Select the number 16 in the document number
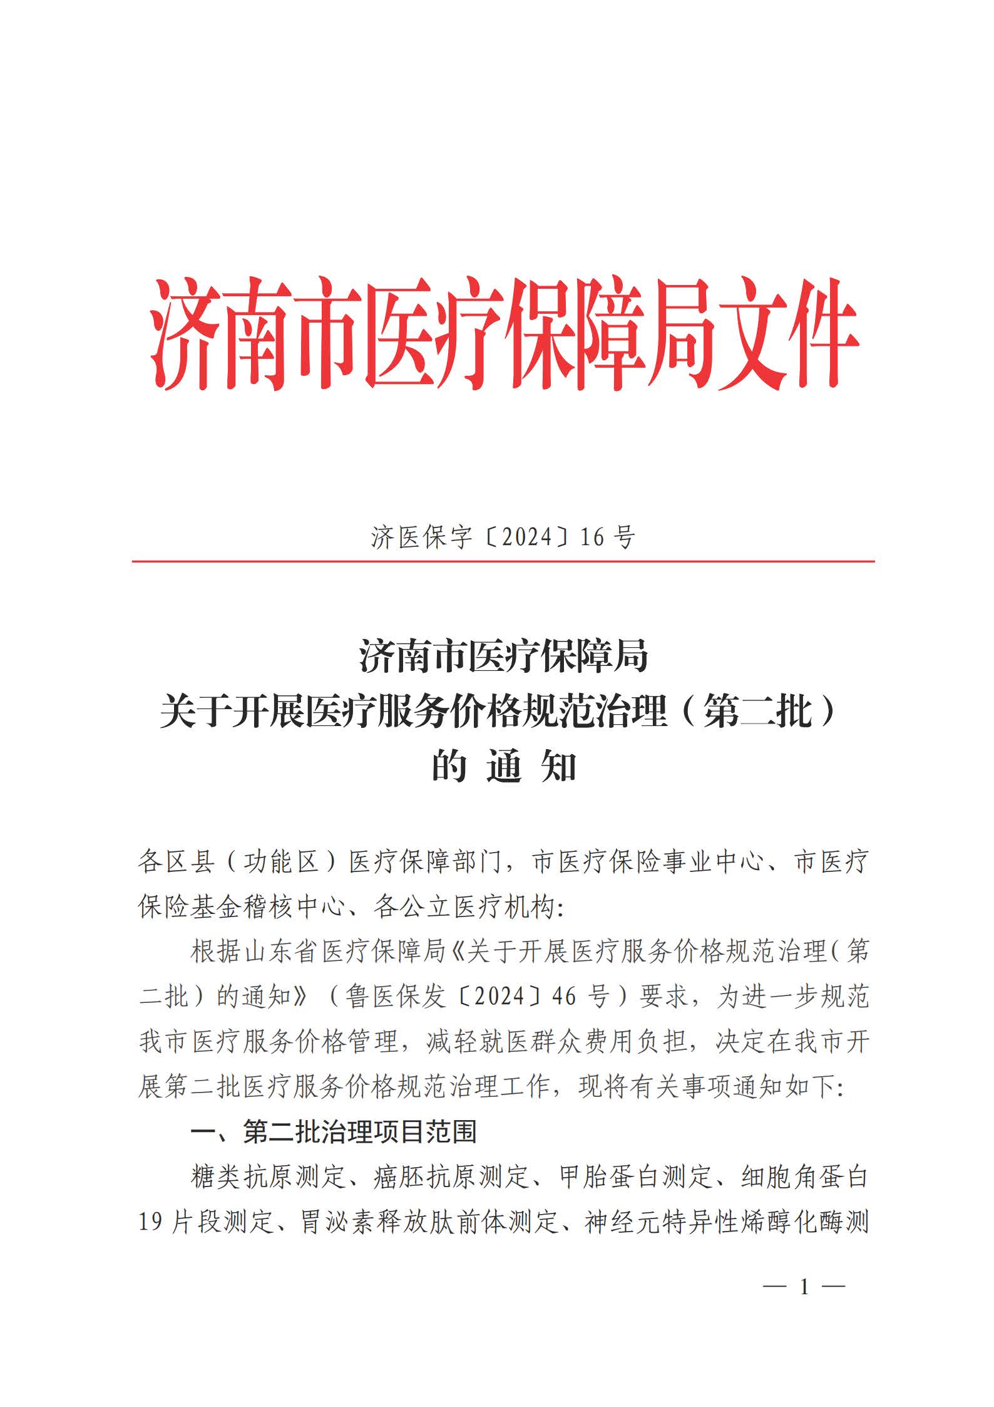tap(590, 537)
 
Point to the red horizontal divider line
tap(503, 561)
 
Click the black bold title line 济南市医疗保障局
tap(503, 657)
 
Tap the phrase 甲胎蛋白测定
tap(635, 1177)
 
